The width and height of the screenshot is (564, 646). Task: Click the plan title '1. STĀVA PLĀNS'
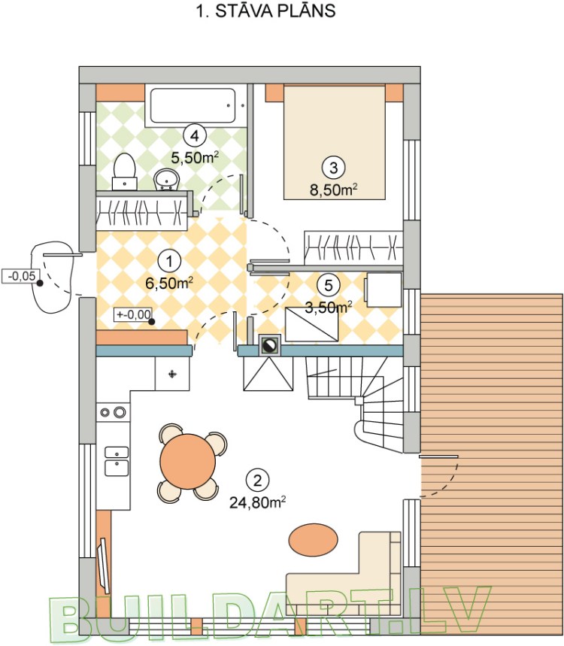[265, 11]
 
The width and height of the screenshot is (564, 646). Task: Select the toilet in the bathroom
[124, 171]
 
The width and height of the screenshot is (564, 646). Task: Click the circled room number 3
[333, 167]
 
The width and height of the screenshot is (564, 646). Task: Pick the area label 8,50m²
[333, 190]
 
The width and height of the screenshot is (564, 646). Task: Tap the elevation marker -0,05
[20, 276]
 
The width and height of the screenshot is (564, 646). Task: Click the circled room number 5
[329, 285]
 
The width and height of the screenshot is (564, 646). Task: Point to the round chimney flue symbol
[270, 345]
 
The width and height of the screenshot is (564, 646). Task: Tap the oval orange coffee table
[313, 539]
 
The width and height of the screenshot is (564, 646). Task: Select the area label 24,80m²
[258, 502]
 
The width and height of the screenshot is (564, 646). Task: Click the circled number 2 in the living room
[257, 480]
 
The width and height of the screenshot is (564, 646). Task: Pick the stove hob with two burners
[114, 411]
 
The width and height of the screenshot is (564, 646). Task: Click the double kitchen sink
[117, 461]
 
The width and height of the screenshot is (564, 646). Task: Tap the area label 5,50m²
[195, 157]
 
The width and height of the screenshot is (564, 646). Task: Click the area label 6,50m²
[169, 283]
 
